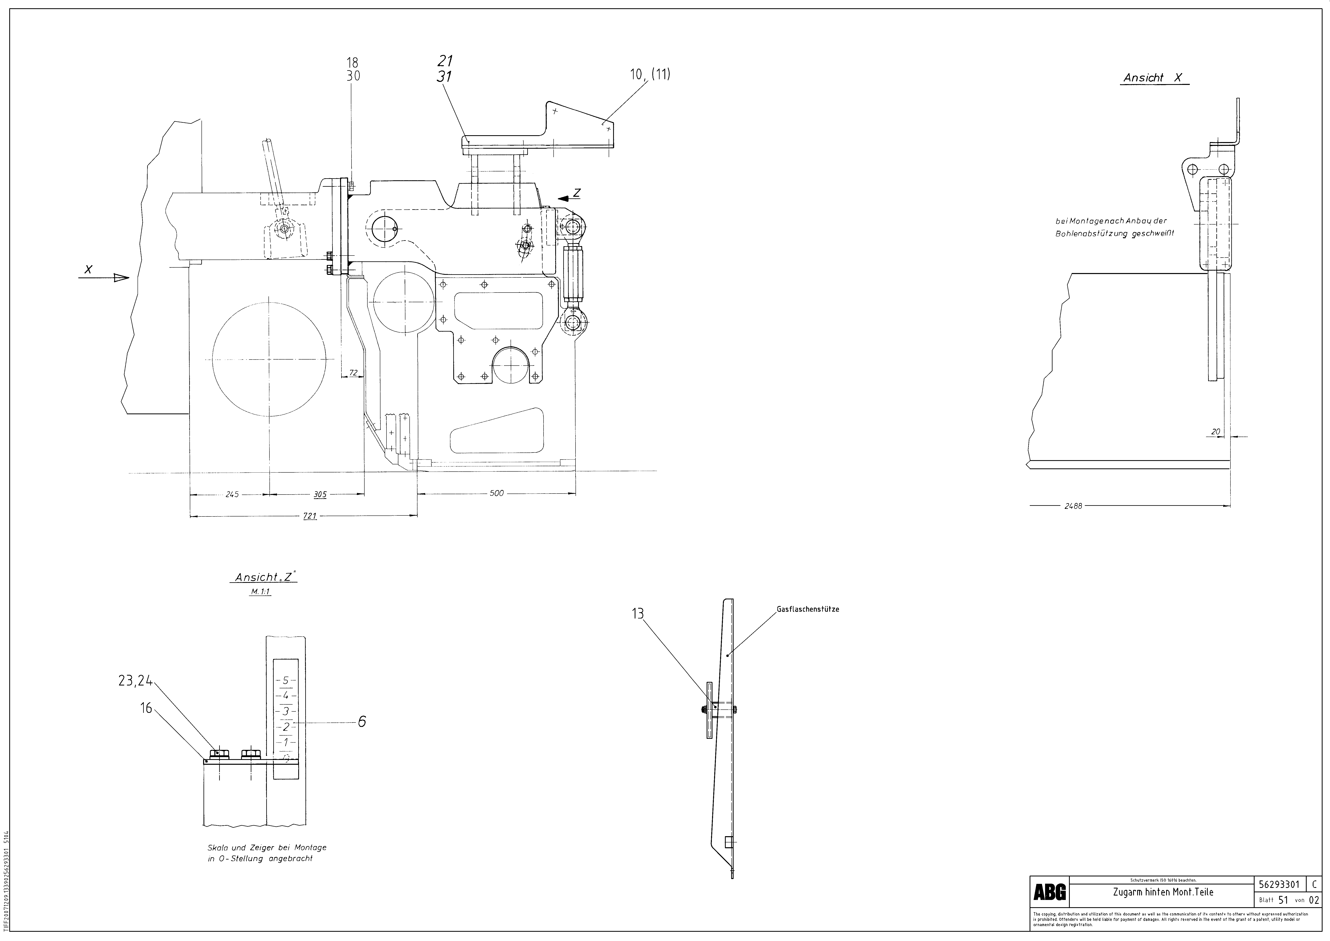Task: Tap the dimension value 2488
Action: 1073,506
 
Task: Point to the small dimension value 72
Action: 353,373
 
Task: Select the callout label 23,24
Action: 135,682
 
